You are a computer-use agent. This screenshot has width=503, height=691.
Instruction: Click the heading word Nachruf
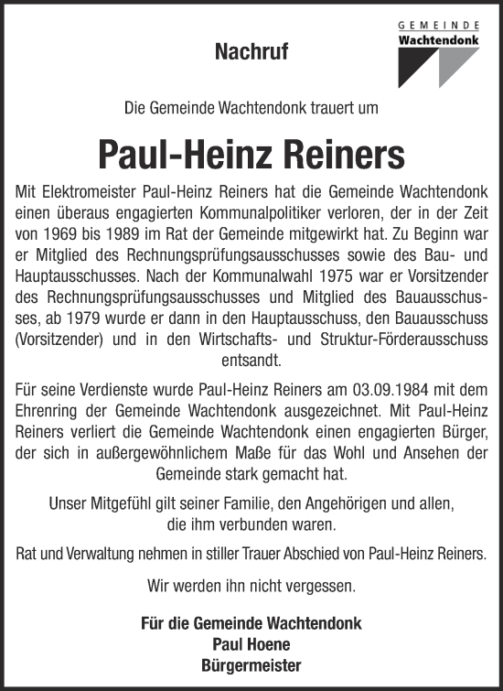(251, 53)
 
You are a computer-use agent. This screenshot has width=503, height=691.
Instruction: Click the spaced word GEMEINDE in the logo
(440, 28)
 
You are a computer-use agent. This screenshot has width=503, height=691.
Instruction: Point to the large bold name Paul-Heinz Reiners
(251, 154)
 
